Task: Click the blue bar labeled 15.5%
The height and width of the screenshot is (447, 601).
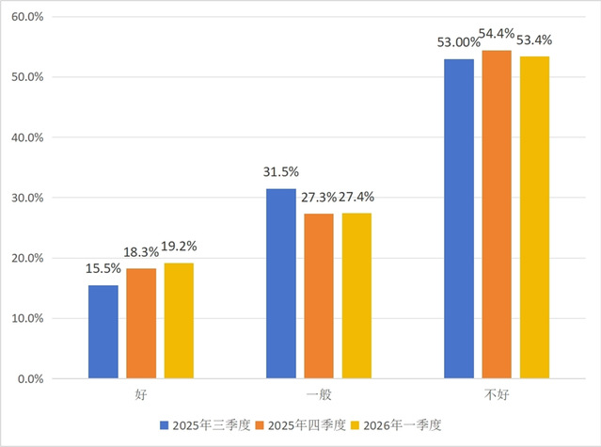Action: click(x=103, y=332)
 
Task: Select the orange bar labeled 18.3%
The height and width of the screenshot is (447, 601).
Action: click(x=141, y=324)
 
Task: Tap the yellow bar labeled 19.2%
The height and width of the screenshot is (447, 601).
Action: click(x=179, y=321)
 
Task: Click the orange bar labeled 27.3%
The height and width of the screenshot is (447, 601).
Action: click(x=319, y=296)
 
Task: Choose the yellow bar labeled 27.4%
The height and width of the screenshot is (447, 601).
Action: click(x=356, y=296)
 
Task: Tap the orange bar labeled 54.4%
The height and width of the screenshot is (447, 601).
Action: click(x=497, y=215)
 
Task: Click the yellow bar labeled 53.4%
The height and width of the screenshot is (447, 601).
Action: click(x=534, y=217)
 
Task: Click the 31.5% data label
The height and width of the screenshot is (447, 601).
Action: click(x=281, y=172)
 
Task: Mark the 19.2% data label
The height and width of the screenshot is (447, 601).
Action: click(x=179, y=247)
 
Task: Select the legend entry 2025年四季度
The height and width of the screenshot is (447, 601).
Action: click(x=302, y=424)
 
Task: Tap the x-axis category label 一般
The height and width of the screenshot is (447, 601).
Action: click(x=319, y=392)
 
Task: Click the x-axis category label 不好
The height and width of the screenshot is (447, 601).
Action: click(x=497, y=392)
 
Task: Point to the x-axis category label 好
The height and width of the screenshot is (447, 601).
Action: click(x=141, y=392)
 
